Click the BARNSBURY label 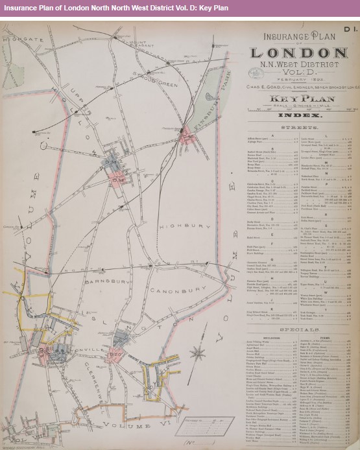tap(94, 281)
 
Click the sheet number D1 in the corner tap(350, 29)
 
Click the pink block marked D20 tap(117, 354)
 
